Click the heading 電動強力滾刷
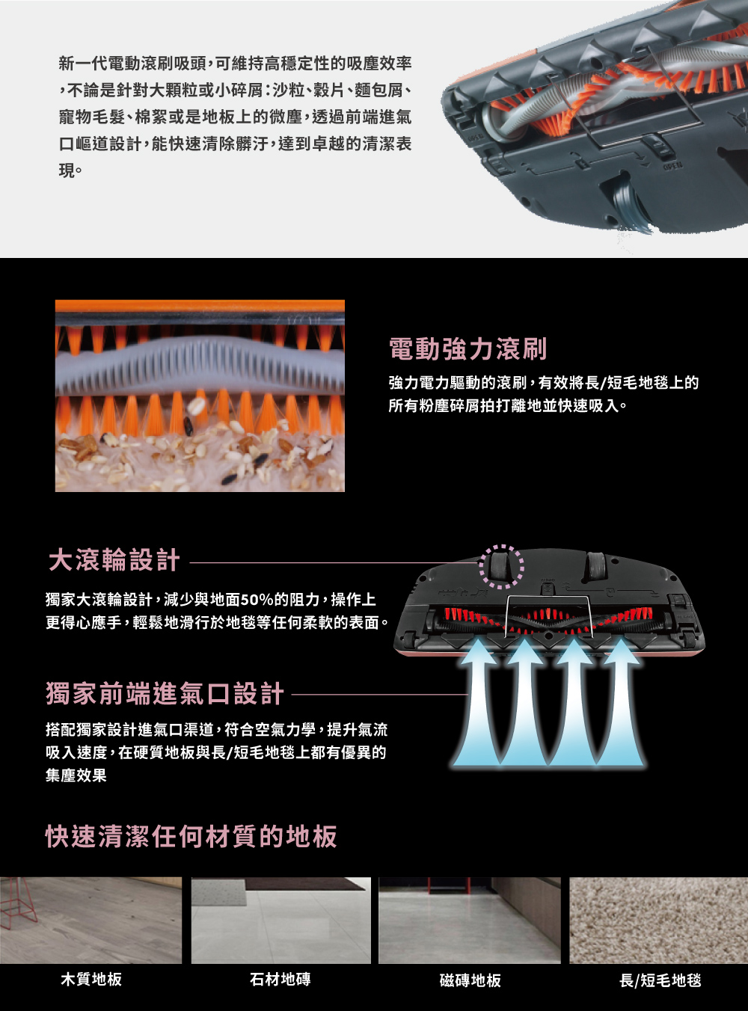[x=467, y=349]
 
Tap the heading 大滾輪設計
[x=114, y=560]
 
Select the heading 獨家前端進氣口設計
[x=165, y=694]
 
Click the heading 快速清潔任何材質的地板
[x=191, y=837]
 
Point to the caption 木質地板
[x=91, y=979]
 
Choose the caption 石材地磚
[x=280, y=979]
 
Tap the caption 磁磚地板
[x=470, y=980]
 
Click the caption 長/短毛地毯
[x=660, y=980]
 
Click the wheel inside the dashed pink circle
[x=500, y=565]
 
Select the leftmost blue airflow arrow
[x=477, y=702]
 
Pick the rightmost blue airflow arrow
[x=621, y=702]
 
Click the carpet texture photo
[x=658, y=921]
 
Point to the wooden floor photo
[x=91, y=921]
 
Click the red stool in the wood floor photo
[x=18, y=903]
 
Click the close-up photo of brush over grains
[x=200, y=396]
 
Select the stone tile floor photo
[x=281, y=921]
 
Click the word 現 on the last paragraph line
[x=67, y=171]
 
